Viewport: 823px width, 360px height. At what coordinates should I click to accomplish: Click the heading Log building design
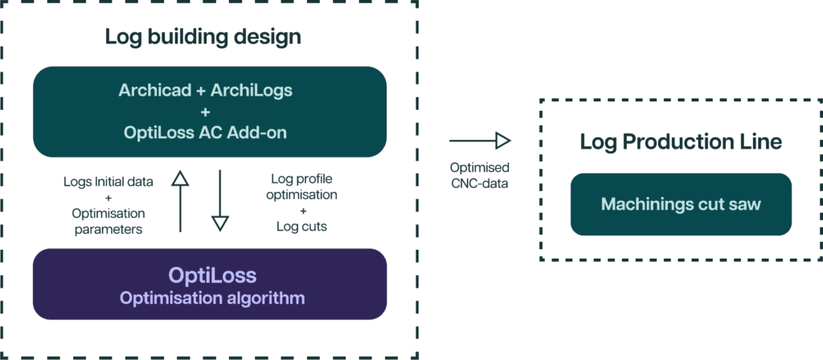pos(203,37)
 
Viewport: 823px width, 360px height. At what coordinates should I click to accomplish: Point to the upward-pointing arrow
pos(180,201)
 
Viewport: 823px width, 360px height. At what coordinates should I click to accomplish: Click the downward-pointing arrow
pos(219,201)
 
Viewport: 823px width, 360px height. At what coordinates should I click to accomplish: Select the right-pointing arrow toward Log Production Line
pos(480,141)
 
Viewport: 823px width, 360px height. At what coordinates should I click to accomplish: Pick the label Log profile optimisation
pos(304,186)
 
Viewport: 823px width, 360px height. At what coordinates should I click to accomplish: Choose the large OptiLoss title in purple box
pos(212,276)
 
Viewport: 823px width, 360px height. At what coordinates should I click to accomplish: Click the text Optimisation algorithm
pos(212,298)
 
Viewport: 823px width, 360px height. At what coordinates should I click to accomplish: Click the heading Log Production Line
pos(680,143)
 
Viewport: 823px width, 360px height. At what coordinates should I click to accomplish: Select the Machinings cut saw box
pos(681,204)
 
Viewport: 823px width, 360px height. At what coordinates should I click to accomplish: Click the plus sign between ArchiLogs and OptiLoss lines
pos(205,112)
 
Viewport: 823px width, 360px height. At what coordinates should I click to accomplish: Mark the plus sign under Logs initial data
pos(108,198)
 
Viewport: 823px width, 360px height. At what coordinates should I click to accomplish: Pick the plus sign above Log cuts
pos(302,211)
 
